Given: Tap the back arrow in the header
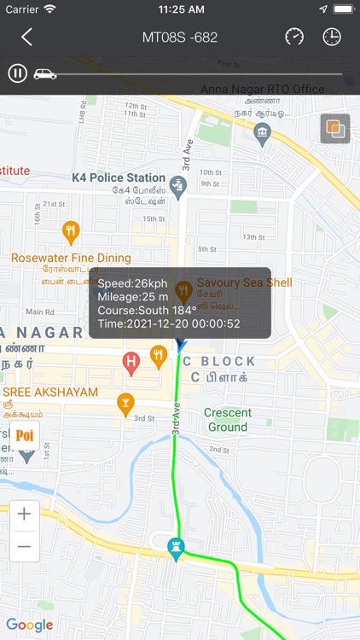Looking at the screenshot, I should point(27,37).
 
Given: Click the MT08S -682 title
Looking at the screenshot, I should point(180,37).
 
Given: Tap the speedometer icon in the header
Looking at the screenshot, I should point(294,37).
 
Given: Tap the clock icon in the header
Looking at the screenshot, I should point(332,37).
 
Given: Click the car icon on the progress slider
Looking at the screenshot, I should point(44,73).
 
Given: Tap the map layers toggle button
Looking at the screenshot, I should point(335,129).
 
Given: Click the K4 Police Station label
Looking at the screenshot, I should point(119,177).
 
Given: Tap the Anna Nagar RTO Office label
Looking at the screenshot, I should point(262,89).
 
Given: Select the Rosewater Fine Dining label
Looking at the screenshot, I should point(71,258).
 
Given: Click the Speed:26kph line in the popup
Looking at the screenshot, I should point(132,282).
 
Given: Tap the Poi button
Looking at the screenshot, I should point(25,435).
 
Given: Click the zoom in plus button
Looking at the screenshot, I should point(24,514).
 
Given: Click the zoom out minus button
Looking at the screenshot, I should point(24,546).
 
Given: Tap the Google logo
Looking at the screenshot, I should point(30,625).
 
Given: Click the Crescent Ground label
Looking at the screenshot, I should point(228,420).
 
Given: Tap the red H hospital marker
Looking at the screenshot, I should point(131,363).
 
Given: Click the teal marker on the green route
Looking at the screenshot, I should point(177,550).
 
